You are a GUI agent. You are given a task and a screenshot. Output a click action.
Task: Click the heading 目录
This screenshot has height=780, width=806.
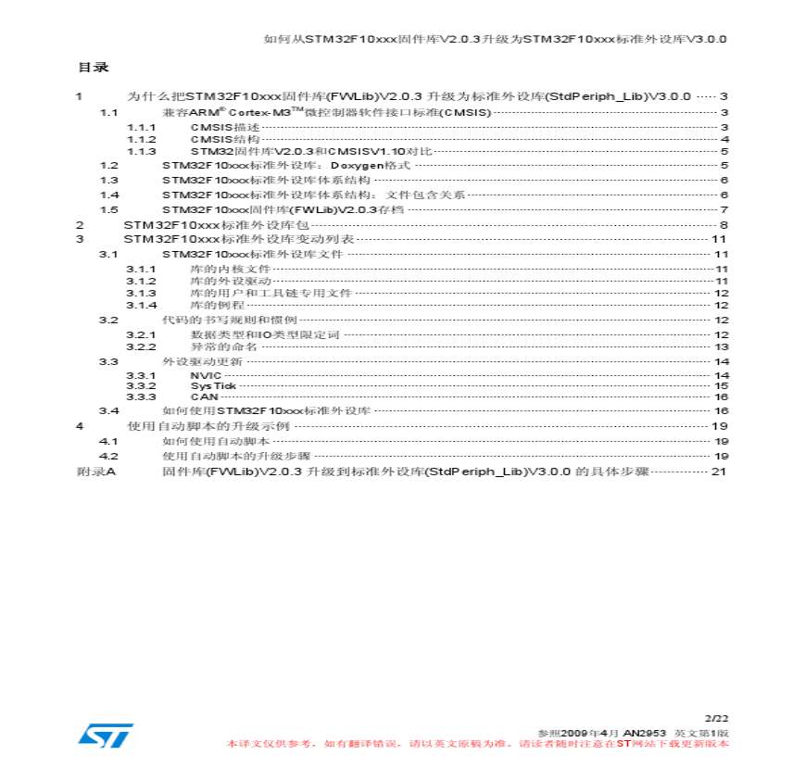point(93,67)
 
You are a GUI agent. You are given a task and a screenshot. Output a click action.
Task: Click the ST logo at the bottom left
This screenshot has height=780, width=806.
point(105,735)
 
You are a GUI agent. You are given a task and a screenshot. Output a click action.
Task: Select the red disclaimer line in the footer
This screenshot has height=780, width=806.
point(478,743)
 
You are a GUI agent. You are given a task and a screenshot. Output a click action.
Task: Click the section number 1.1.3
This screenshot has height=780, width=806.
point(142,151)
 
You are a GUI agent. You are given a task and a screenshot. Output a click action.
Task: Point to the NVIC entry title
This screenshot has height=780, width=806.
point(206,374)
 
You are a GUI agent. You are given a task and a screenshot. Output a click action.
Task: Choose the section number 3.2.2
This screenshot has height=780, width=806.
point(142,346)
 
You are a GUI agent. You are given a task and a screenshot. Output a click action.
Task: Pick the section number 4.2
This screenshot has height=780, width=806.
point(109,457)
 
